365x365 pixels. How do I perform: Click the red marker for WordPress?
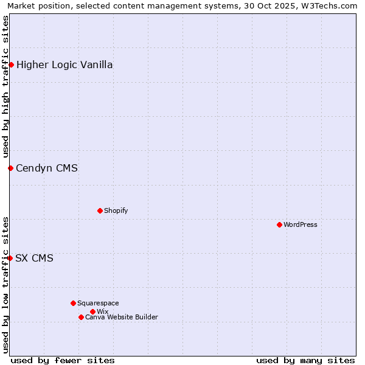pyautogui.click(x=279, y=224)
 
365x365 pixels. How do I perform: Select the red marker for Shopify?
pyautogui.click(x=100, y=210)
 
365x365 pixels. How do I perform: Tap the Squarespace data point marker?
pyautogui.click(x=73, y=303)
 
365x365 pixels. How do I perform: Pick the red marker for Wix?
pyautogui.click(x=92, y=311)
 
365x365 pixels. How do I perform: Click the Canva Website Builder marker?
pyautogui.click(x=81, y=317)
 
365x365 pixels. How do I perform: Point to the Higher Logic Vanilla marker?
pyautogui.click(x=11, y=64)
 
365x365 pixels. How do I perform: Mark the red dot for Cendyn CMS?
pyautogui.click(x=10, y=168)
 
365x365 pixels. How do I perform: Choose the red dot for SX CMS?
pyautogui.click(x=10, y=258)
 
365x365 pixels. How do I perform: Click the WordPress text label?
pyautogui.click(x=301, y=224)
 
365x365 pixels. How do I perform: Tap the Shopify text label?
pyautogui.click(x=116, y=210)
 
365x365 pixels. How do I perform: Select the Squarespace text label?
pyautogui.click(x=98, y=303)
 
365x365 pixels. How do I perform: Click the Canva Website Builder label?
pyautogui.click(x=122, y=317)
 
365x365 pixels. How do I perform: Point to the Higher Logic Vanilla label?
pyautogui.click(x=64, y=64)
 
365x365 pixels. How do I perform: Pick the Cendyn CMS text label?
pyautogui.click(x=47, y=168)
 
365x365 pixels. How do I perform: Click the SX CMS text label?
pyautogui.click(x=34, y=258)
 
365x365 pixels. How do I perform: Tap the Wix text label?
pyautogui.click(x=102, y=311)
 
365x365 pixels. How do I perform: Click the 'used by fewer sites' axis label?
pyautogui.click(x=63, y=360)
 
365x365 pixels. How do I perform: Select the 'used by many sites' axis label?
pyautogui.click(x=305, y=360)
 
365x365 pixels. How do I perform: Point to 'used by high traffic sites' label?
pyautogui.click(x=6, y=85)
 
